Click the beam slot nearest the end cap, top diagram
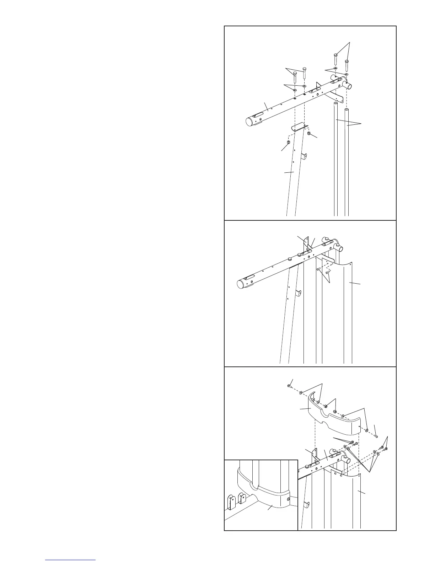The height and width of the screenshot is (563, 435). point(258,116)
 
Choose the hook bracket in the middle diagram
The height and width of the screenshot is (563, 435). point(299,293)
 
